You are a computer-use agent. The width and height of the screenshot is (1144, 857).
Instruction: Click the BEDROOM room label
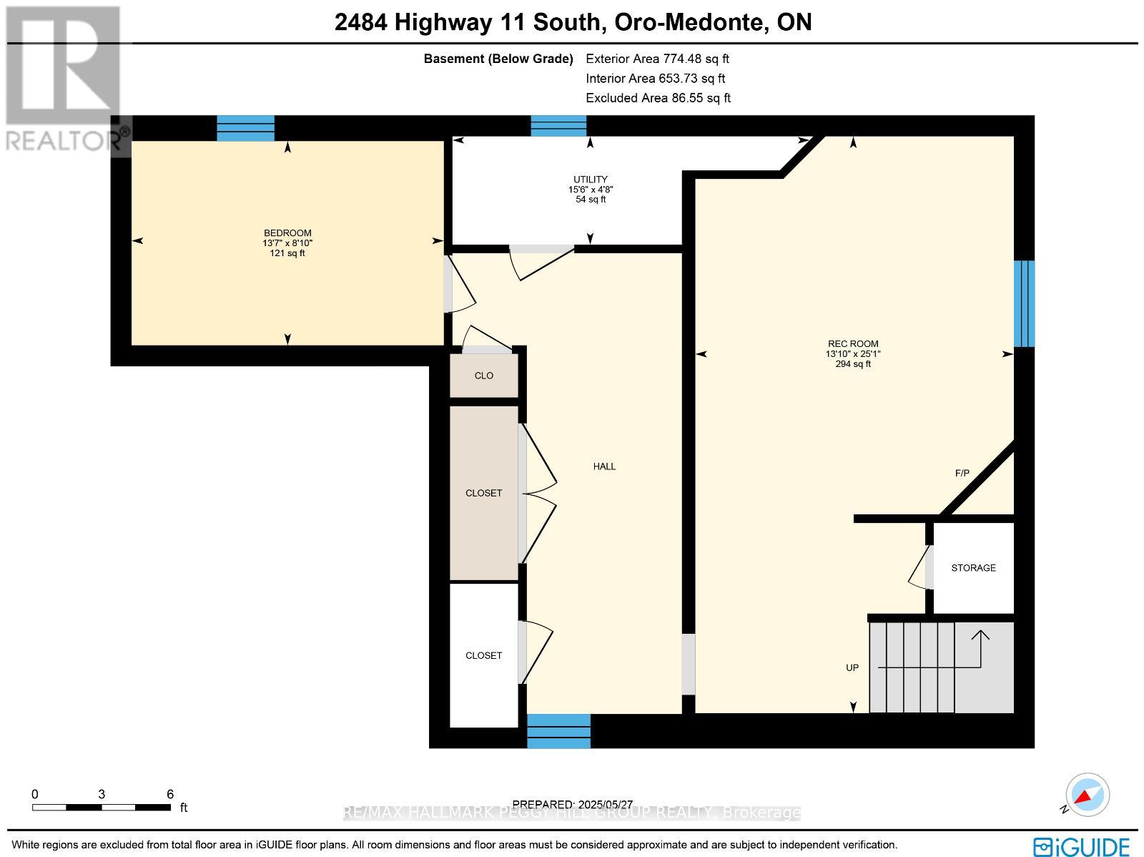(x=287, y=233)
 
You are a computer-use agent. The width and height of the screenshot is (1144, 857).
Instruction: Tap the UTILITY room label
(x=590, y=180)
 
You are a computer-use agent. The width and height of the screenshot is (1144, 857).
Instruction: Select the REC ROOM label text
(x=852, y=344)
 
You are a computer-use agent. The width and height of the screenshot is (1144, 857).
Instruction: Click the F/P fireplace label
(x=962, y=474)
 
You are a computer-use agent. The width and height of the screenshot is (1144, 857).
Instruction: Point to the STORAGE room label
(x=973, y=568)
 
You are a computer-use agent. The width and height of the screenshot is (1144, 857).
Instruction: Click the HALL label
(x=604, y=466)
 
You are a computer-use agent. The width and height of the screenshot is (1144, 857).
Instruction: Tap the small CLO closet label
(x=484, y=376)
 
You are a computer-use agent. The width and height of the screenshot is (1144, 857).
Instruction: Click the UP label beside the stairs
(x=852, y=667)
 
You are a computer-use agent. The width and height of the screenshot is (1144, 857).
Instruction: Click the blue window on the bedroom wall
(x=245, y=128)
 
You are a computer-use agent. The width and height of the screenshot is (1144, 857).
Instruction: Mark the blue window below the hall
(x=558, y=730)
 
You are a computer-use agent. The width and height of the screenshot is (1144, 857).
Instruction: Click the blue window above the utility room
(x=558, y=126)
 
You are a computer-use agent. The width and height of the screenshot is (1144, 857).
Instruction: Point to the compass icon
(x=1086, y=795)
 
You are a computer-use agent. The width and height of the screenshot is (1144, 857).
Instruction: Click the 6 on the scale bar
(x=170, y=794)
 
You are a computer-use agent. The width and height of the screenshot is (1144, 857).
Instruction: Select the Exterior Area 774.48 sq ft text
(x=657, y=59)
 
